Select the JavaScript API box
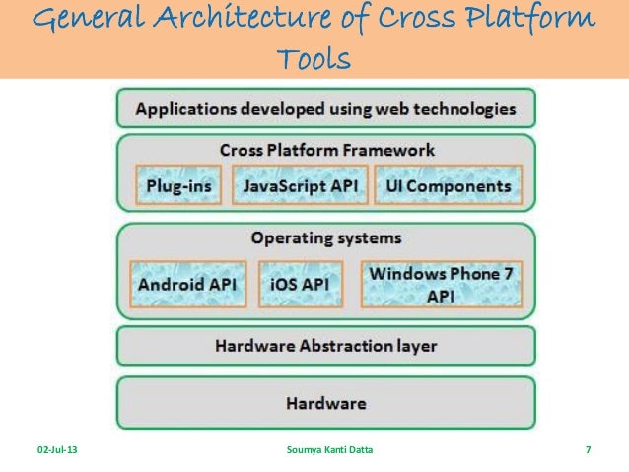click(x=300, y=185)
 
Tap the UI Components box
click(x=450, y=185)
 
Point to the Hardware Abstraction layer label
click(x=325, y=347)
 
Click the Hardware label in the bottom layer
click(x=325, y=403)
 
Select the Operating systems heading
click(x=325, y=238)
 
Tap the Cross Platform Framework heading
click(x=326, y=150)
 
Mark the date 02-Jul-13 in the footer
click(x=59, y=450)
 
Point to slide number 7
click(x=588, y=450)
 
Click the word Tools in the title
click(x=314, y=60)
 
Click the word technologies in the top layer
click(x=464, y=109)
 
